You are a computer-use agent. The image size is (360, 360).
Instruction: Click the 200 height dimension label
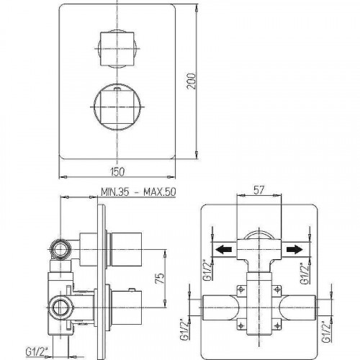(x=192, y=81)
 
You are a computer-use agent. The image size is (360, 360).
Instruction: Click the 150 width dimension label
(x=117, y=172)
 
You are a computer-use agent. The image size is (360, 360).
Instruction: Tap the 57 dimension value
(x=258, y=190)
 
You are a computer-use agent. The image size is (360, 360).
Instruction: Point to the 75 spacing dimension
(x=161, y=278)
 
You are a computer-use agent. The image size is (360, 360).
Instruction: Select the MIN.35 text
(x=115, y=192)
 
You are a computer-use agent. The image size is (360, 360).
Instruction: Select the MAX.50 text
(x=159, y=192)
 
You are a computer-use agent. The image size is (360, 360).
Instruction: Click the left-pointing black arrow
(x=224, y=250)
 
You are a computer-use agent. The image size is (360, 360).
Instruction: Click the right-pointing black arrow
(x=294, y=250)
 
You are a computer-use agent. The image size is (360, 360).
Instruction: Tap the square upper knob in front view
(x=117, y=48)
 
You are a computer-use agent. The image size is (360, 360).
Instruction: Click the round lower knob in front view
(x=117, y=107)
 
